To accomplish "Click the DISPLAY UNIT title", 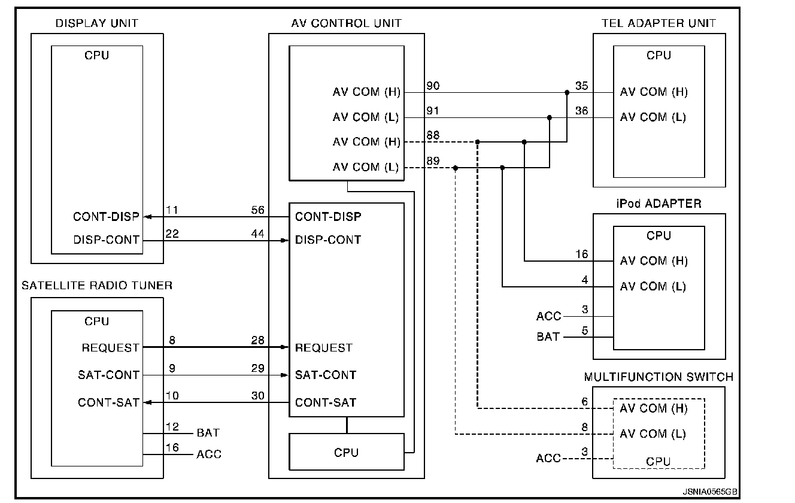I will (x=96, y=23).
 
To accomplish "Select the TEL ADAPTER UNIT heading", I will (x=659, y=23).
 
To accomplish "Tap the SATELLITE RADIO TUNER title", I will (x=97, y=286).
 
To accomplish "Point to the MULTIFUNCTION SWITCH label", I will (x=659, y=377).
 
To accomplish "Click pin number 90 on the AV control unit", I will (x=433, y=86).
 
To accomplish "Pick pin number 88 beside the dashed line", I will (x=433, y=136).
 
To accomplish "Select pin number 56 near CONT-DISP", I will (x=258, y=210).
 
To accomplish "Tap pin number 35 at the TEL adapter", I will (x=581, y=86).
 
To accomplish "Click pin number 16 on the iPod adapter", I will (x=581, y=255).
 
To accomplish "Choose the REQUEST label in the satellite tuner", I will (x=110, y=348).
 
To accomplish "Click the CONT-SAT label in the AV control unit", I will (x=326, y=402).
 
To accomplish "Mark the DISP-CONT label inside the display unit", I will (x=106, y=240).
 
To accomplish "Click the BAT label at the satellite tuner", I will (x=208, y=432).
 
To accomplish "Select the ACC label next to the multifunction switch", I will (x=548, y=459).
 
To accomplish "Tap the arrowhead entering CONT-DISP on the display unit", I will (x=147, y=216).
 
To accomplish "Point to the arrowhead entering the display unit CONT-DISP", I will (x=147, y=216).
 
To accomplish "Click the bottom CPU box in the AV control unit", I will (x=346, y=453).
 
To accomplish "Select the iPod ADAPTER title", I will (x=659, y=204).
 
